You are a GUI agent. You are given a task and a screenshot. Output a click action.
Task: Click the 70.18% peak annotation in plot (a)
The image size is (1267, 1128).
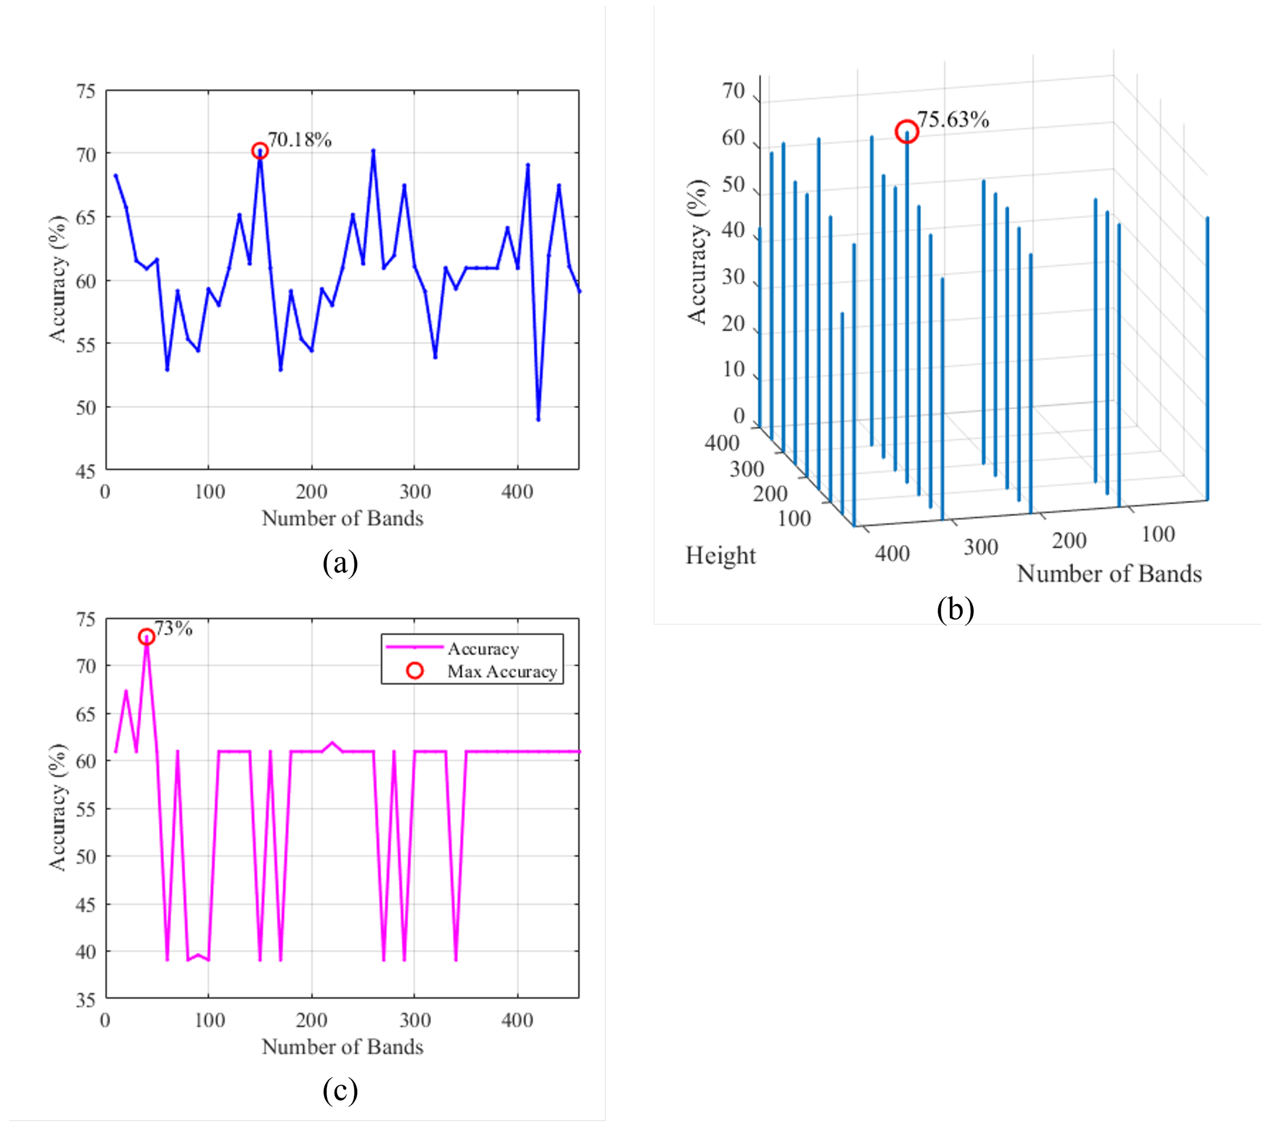tap(300, 140)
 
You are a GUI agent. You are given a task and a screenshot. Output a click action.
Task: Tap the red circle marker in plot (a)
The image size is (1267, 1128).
tap(260, 150)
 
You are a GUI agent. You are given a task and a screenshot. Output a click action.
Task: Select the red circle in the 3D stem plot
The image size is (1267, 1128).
tap(906, 131)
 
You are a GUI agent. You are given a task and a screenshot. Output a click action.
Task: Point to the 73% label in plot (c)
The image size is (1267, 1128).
tap(173, 629)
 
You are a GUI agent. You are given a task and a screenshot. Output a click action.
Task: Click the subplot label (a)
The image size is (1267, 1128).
tap(340, 563)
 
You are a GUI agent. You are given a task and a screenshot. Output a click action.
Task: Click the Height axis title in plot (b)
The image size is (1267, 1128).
tap(720, 555)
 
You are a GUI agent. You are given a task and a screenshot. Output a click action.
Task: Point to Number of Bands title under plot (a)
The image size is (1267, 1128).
tap(342, 518)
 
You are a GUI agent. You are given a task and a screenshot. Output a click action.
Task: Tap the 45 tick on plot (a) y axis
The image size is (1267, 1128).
tap(85, 472)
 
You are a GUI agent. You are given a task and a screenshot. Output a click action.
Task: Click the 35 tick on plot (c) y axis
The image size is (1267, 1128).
tap(85, 1000)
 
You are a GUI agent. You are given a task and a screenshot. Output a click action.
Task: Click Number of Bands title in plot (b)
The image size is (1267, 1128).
tap(1109, 574)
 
